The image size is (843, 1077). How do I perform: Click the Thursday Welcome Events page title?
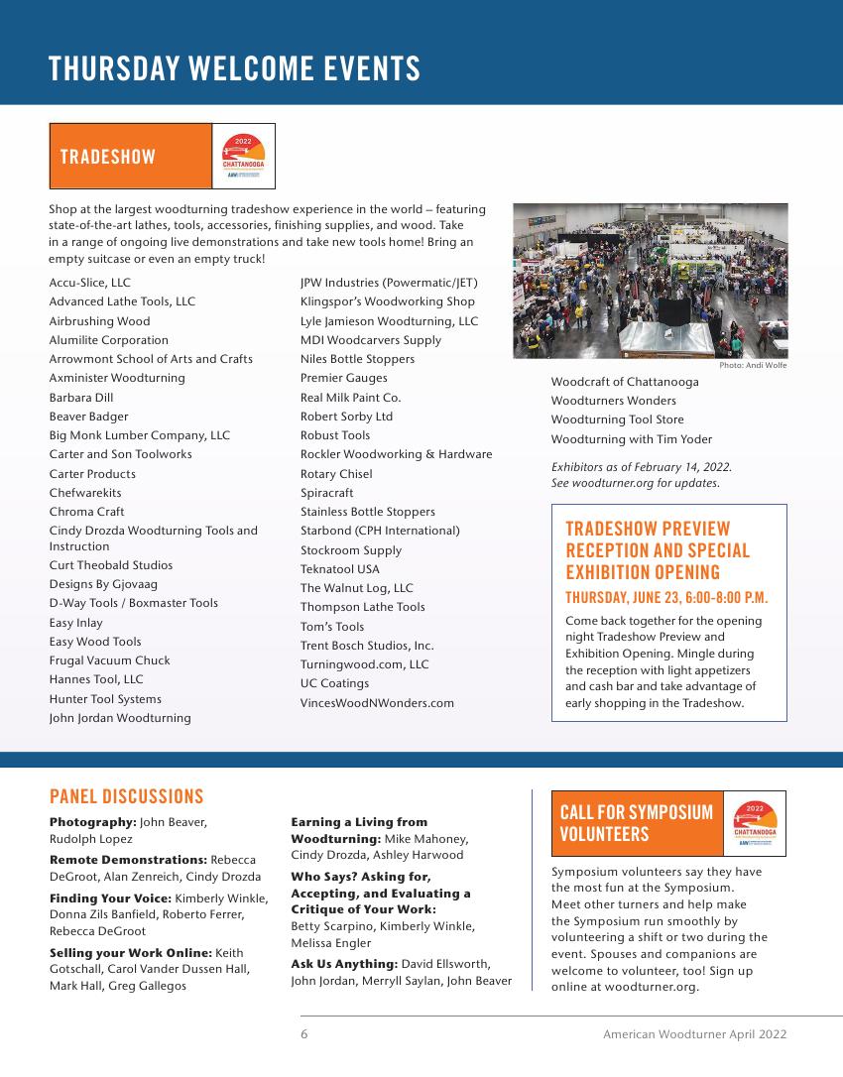(234, 69)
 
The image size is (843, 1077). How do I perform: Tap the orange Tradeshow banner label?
(107, 157)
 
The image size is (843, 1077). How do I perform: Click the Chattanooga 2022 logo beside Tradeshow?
(243, 157)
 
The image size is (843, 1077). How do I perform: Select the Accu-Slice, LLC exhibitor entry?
(89, 283)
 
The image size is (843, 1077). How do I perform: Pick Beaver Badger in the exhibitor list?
(88, 417)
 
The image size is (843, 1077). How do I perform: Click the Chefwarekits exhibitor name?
(85, 493)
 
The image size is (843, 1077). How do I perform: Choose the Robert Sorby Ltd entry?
(346, 417)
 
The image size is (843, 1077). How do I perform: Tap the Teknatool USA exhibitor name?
(339, 569)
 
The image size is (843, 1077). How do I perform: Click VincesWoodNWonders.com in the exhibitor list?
(377, 703)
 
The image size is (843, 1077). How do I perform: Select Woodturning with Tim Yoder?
(631, 439)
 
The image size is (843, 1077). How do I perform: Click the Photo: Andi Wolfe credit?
(753, 366)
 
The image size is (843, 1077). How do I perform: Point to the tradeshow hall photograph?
(650, 281)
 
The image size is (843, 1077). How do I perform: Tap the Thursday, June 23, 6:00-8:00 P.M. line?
(666, 598)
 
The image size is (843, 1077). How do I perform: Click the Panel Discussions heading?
(126, 797)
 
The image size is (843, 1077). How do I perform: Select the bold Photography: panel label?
(92, 822)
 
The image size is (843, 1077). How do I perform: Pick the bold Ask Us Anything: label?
(343, 964)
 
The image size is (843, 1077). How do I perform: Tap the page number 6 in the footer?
(304, 1034)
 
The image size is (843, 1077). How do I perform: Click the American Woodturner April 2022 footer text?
(694, 1034)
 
